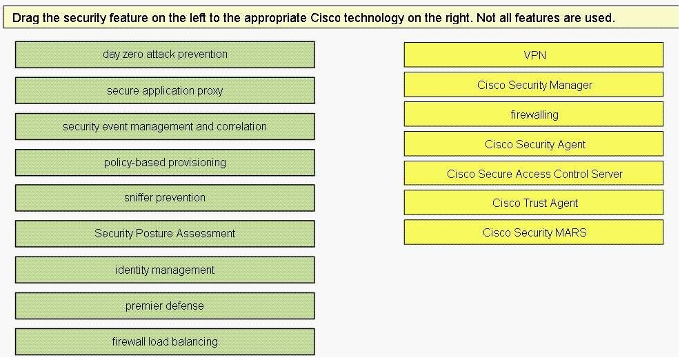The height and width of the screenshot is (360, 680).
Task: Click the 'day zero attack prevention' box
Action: coord(165,54)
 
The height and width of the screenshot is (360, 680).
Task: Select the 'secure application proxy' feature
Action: coord(165,90)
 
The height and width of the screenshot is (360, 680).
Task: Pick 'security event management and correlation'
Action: coord(165,127)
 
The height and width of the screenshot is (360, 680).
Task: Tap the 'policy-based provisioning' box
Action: coord(165,163)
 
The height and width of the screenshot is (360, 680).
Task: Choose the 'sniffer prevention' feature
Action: coord(165,198)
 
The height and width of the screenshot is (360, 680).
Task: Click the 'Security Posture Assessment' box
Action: coord(165,234)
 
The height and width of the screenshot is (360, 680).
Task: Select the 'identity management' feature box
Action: coord(165,270)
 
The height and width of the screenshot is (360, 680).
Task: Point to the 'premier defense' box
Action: coord(165,306)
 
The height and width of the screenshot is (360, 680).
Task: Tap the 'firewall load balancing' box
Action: coord(165,342)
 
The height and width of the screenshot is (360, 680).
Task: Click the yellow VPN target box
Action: coord(533,54)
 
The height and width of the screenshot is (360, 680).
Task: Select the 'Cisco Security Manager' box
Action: coord(533,85)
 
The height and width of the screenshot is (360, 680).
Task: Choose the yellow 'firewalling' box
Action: coord(533,114)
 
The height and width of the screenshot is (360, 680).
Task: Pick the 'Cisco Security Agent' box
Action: coord(533,144)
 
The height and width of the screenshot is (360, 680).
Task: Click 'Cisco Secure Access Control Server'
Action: coord(533,174)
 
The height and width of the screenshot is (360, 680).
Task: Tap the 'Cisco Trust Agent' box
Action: coord(533,203)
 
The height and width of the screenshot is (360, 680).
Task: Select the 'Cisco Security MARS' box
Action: coord(533,232)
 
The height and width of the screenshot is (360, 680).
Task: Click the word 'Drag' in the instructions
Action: coord(23,18)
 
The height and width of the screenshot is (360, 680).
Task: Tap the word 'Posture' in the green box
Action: coord(155,233)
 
